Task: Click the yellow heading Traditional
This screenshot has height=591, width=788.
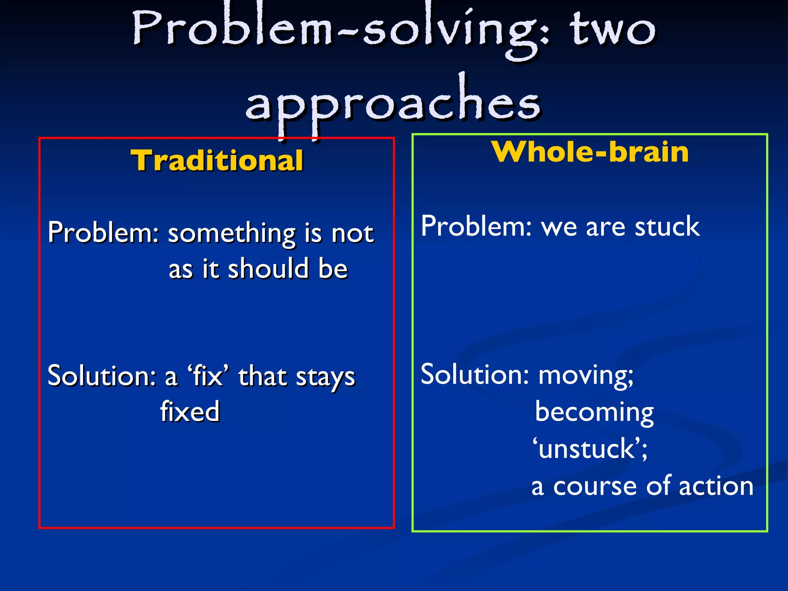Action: pyautogui.click(x=217, y=160)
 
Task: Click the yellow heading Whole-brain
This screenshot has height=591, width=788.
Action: pyautogui.click(x=590, y=152)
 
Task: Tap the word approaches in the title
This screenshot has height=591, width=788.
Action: pyautogui.click(x=393, y=104)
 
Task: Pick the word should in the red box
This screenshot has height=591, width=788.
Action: pyautogui.click(x=269, y=269)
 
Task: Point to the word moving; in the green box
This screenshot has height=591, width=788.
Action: pyautogui.click(x=585, y=375)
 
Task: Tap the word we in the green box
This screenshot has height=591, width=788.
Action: pyautogui.click(x=559, y=227)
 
